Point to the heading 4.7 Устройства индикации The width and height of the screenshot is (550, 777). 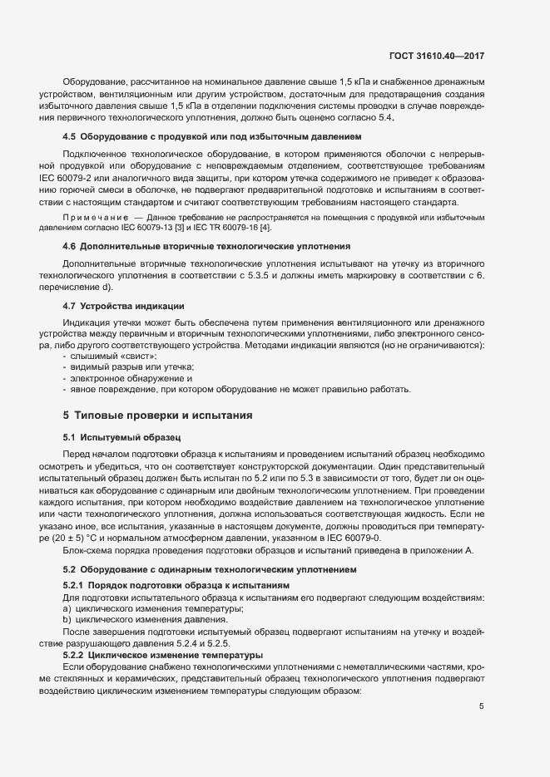[x=123, y=307]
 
